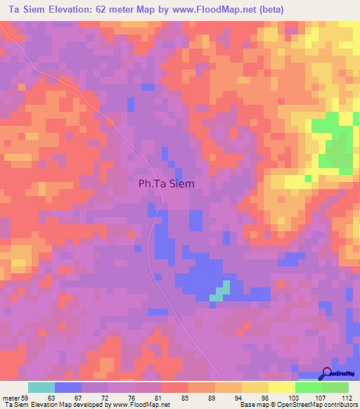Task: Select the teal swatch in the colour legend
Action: [41, 387]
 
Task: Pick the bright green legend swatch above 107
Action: [309, 387]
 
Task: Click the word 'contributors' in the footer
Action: [340, 405]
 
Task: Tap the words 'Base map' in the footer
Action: [250, 405]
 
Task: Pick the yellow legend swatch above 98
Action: [255, 387]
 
